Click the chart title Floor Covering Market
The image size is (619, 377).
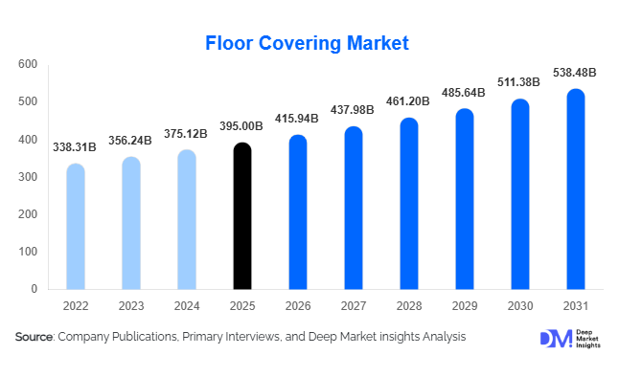pos(308,43)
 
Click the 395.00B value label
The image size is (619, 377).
pos(243,126)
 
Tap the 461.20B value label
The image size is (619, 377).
pos(409,100)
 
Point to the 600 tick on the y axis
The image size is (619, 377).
pos(28,64)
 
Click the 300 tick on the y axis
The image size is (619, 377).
pos(28,177)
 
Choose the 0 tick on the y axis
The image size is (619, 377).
pos(34,289)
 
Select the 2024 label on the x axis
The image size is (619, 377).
pos(188,307)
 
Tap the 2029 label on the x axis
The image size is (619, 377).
pos(465,307)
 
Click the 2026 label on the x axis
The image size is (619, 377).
pos(299,307)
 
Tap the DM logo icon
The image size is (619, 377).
pos(554,338)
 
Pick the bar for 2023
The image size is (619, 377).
pos(131,223)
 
